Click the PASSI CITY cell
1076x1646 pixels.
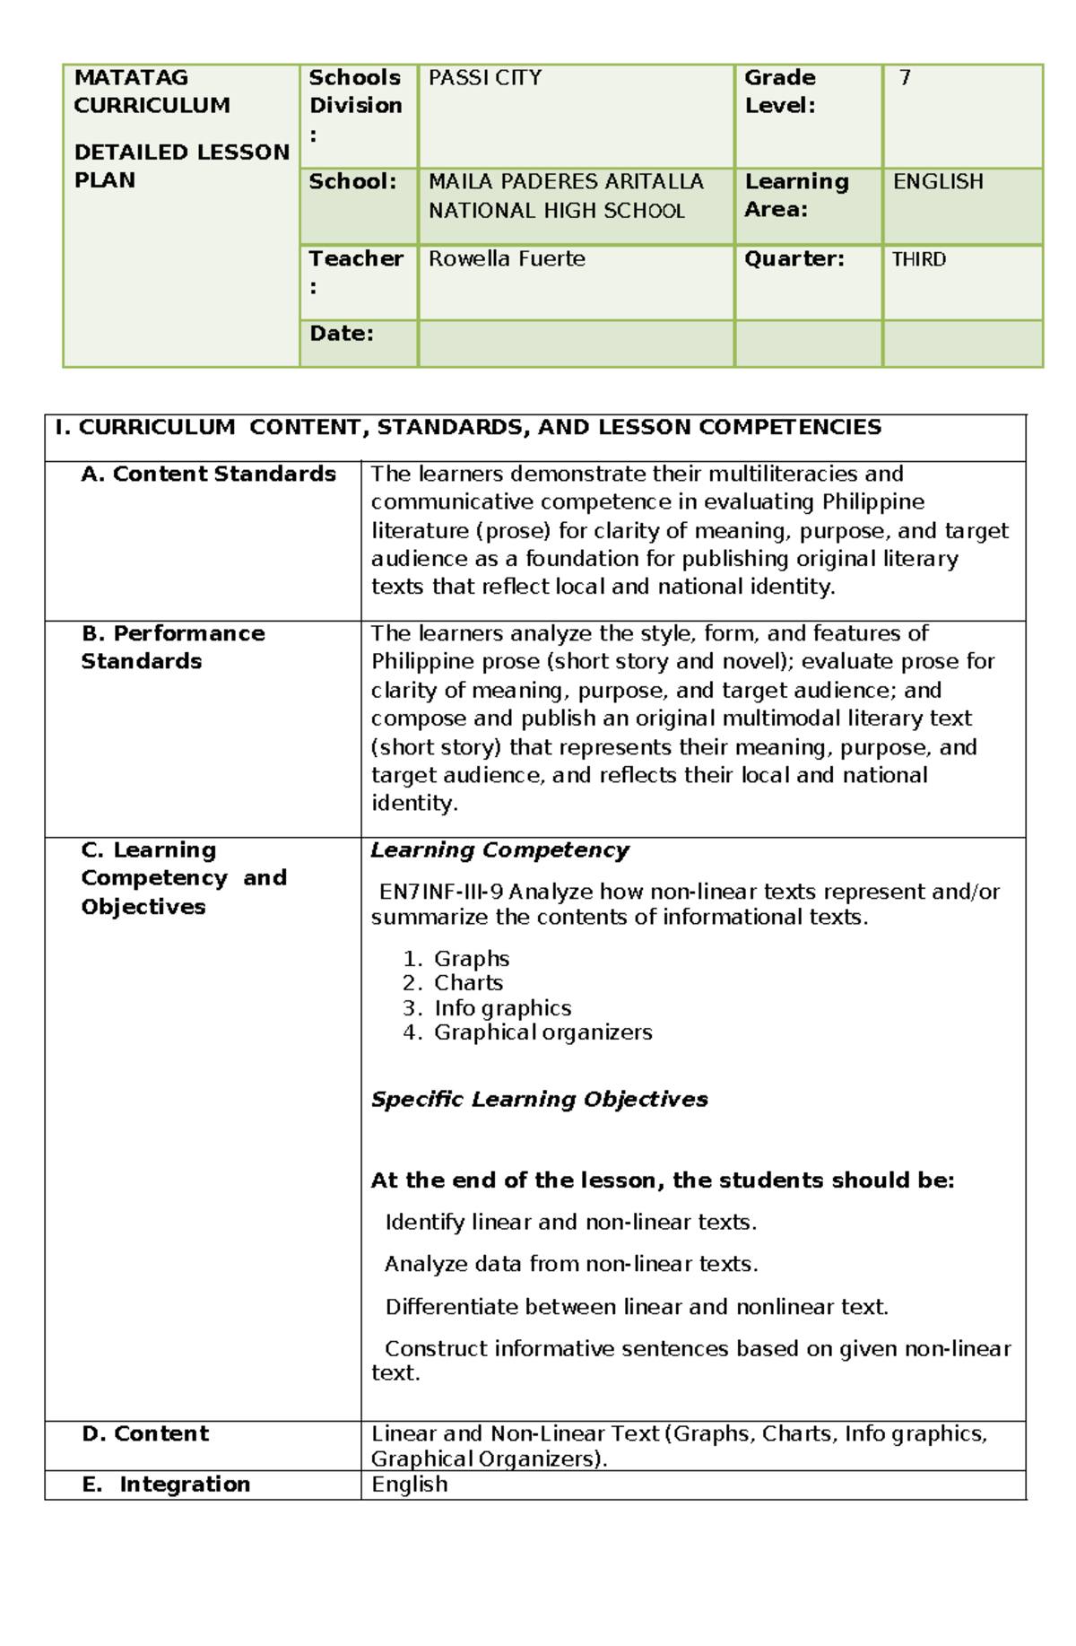485,78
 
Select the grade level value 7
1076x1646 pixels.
905,78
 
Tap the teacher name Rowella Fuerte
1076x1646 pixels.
507,259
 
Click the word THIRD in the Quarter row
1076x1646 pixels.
919,259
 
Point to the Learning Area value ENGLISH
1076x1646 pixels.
938,181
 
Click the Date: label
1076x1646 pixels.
342,334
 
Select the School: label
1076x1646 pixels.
352,181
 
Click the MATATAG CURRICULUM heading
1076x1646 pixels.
152,91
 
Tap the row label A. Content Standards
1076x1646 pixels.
208,474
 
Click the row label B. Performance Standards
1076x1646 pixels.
172,647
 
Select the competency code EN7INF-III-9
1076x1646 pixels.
441,892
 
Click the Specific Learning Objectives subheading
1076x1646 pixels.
539,1100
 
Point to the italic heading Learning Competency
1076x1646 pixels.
499,850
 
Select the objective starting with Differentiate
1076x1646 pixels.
636,1307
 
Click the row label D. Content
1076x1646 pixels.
145,1433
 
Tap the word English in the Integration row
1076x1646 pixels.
410,1485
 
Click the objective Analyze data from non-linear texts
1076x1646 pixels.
571,1264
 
